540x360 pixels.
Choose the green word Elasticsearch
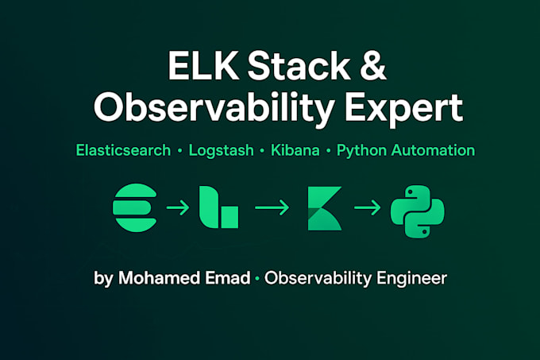click(123, 149)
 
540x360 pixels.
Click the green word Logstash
click(222, 149)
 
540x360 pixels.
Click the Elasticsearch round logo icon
click(136, 208)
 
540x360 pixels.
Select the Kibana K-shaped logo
click(323, 208)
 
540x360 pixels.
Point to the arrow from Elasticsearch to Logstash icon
click(177, 208)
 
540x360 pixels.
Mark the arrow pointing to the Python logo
click(367, 208)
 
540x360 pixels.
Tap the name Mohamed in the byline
click(152, 278)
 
